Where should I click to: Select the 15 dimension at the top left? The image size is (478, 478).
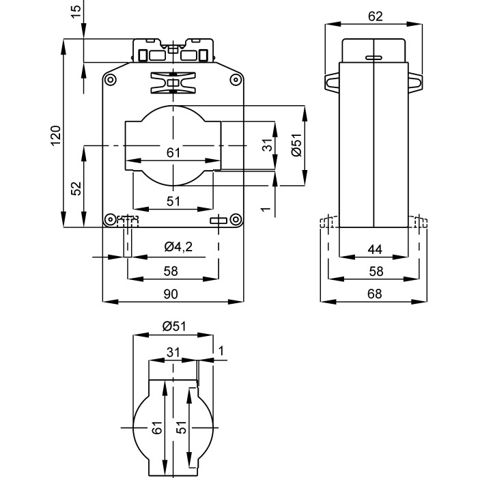click(x=76, y=11)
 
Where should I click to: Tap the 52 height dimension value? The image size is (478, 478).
click(x=76, y=188)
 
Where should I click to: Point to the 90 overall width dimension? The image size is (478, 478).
click(x=171, y=294)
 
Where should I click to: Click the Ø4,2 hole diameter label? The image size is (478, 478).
click(x=178, y=247)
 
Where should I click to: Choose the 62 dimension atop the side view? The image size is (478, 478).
click(x=375, y=16)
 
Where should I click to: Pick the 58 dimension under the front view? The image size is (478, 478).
click(x=171, y=271)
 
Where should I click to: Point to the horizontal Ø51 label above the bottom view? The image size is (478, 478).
click(x=174, y=326)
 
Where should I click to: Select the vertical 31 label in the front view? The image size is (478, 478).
click(x=268, y=144)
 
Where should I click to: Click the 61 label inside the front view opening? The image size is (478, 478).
click(x=173, y=152)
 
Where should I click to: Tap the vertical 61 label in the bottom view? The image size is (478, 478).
click(x=156, y=428)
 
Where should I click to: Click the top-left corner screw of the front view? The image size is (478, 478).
click(x=109, y=80)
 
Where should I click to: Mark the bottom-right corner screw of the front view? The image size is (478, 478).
click(x=236, y=219)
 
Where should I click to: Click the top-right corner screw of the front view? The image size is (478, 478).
click(x=236, y=80)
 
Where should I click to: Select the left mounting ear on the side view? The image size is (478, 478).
click(x=331, y=82)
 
